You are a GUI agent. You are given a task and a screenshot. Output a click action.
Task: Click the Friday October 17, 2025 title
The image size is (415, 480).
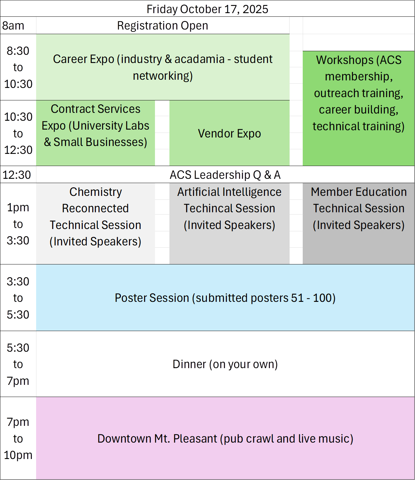tap(207, 9)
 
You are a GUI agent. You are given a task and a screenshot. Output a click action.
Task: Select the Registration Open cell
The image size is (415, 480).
tap(163, 26)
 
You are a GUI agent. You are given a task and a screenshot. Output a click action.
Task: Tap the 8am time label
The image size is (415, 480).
tap(13, 26)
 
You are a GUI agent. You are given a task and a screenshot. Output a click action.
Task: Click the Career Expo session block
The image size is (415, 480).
tap(163, 67)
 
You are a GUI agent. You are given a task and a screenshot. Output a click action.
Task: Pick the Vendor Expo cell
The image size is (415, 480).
tap(229, 134)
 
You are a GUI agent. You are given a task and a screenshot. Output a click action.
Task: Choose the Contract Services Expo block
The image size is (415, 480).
tap(95, 126)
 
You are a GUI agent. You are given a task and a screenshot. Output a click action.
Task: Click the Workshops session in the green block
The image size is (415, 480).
tap(358, 93)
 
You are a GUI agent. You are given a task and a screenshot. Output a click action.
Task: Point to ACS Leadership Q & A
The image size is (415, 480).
tap(225, 175)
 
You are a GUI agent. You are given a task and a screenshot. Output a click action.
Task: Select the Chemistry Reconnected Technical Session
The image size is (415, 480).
tap(95, 217)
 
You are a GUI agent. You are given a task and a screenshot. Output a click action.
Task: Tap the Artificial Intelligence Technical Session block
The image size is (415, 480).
tap(229, 209)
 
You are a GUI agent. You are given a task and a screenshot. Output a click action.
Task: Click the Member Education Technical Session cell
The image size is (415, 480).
tap(358, 209)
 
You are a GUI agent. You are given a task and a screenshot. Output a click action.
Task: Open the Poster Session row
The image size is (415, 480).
tap(225, 298)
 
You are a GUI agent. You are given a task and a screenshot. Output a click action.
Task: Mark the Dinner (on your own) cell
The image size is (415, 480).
tap(225, 364)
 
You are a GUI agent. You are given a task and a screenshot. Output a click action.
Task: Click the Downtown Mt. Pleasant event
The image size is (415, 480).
tap(225, 439)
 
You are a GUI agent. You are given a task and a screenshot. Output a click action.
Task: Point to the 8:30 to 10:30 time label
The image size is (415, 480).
tap(18, 67)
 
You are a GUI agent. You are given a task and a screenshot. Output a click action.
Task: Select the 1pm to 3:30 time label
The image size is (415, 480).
tap(18, 224)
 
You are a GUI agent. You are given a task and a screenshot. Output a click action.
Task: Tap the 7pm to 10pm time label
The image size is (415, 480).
tap(18, 439)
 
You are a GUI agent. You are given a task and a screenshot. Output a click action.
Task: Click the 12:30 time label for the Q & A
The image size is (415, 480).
tap(17, 175)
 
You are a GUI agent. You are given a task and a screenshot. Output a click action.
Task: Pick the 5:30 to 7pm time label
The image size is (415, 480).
tap(18, 364)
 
